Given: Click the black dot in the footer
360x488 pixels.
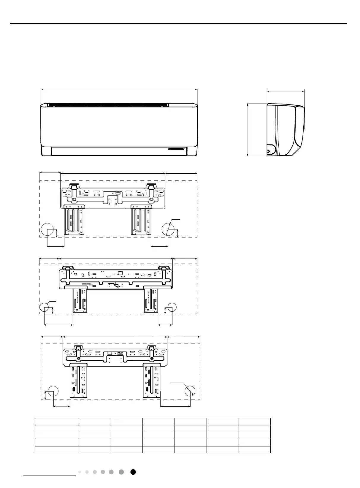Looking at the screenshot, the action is (133, 472).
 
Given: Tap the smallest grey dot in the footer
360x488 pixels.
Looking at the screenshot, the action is (80, 472).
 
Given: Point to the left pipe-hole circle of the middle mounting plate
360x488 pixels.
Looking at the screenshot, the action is (44, 308).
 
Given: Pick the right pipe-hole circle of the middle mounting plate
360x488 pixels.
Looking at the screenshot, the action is (172, 308).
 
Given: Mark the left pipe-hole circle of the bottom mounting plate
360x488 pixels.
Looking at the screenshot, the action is (53, 391).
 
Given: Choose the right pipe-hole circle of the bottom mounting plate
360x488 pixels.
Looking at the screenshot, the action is (190, 391).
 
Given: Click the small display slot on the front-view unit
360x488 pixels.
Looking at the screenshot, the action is (176, 148).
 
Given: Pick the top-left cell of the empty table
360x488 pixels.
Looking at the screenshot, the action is (57, 422).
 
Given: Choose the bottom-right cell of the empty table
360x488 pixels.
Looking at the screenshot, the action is (255, 449).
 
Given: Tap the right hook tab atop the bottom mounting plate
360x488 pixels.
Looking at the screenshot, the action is (152, 348).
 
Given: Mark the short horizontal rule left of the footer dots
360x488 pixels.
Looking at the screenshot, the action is (50, 476).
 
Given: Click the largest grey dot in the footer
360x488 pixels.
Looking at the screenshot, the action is (121, 472).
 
